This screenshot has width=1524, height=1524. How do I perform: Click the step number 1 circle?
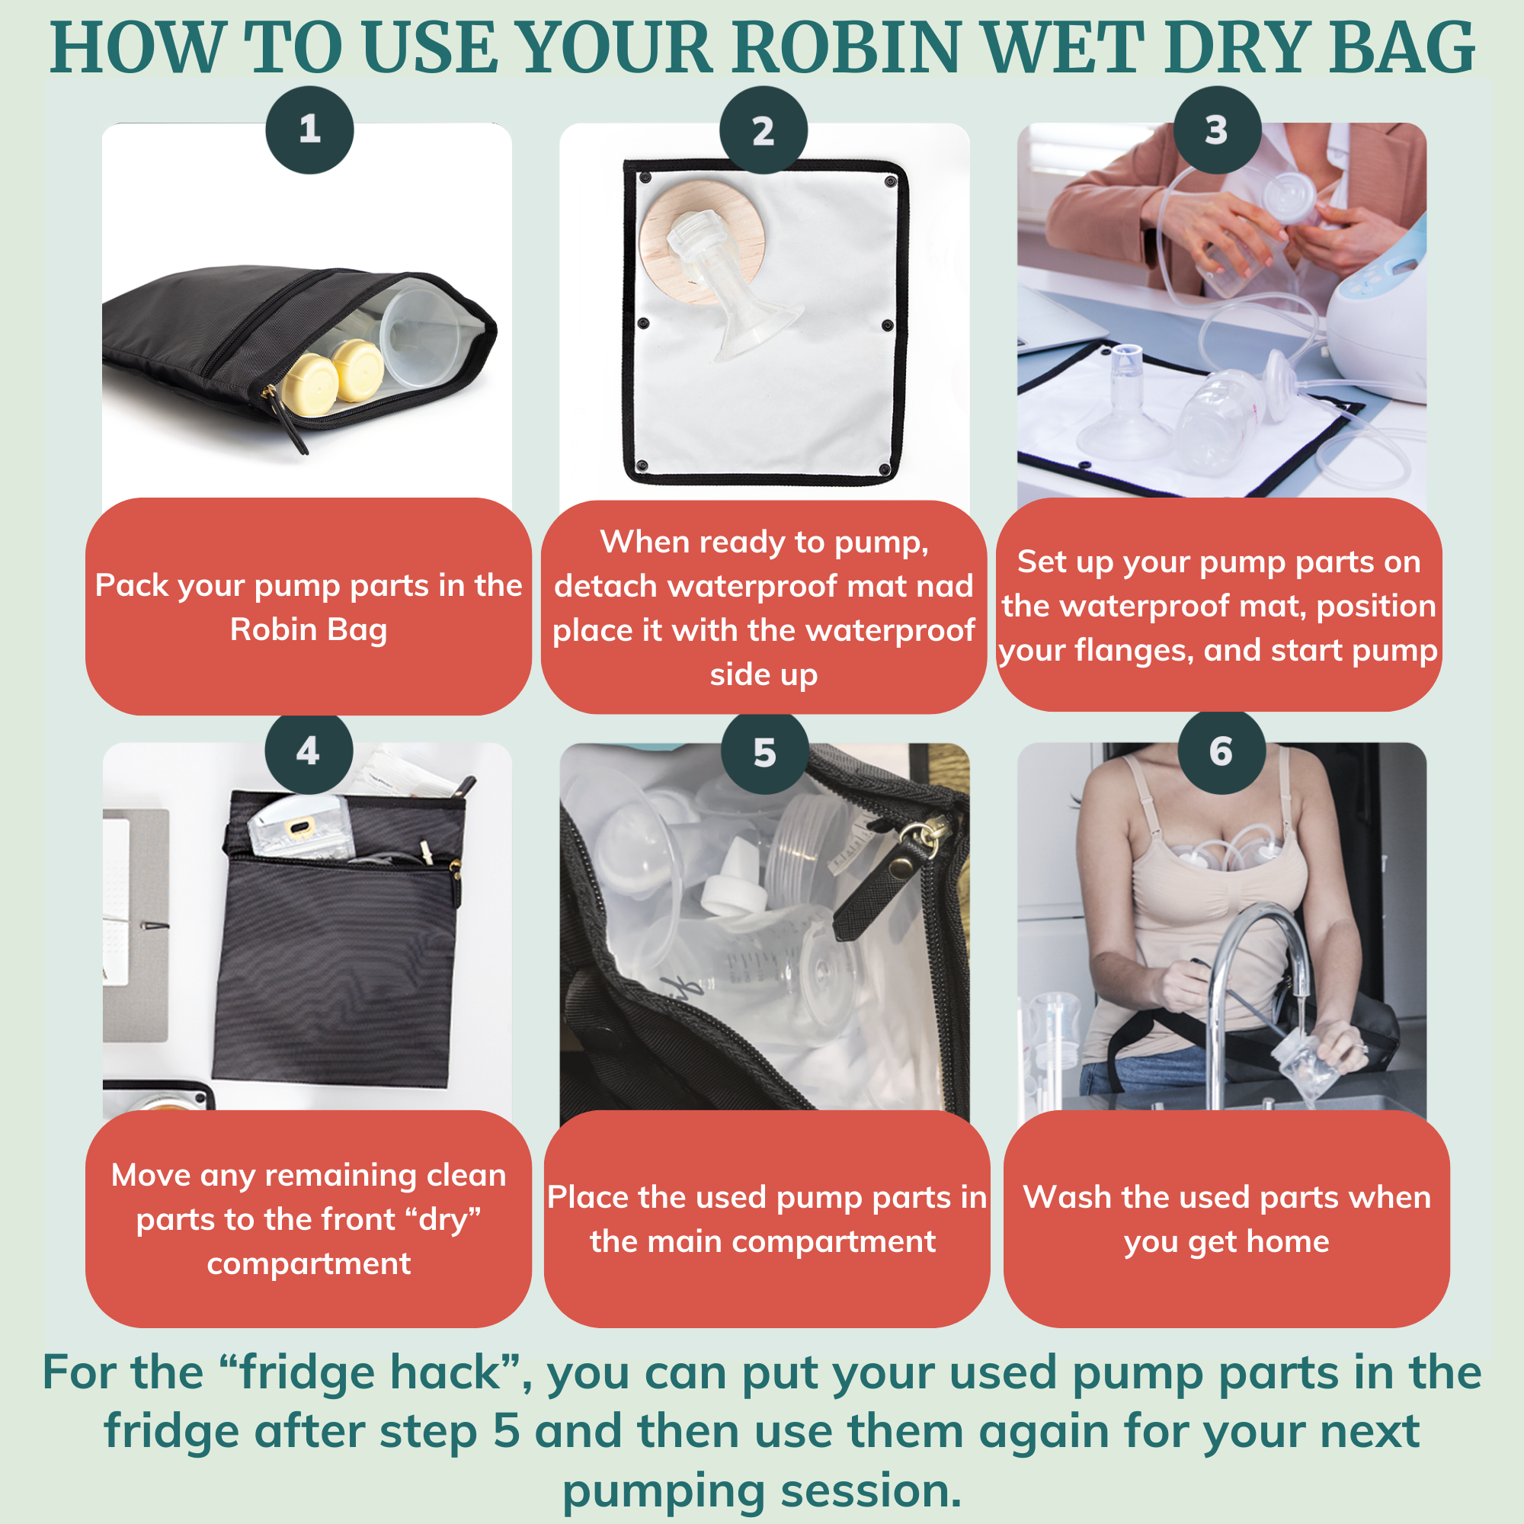(x=309, y=130)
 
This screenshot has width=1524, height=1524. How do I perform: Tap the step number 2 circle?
(x=763, y=130)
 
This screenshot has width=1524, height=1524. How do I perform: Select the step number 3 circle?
(x=1217, y=130)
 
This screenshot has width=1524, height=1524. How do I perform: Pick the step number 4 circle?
(x=309, y=751)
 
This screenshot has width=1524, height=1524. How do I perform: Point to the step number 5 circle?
(x=764, y=754)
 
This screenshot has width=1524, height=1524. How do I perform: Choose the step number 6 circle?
(x=1220, y=752)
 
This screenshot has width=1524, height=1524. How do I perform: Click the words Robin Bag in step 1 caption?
(x=309, y=629)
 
